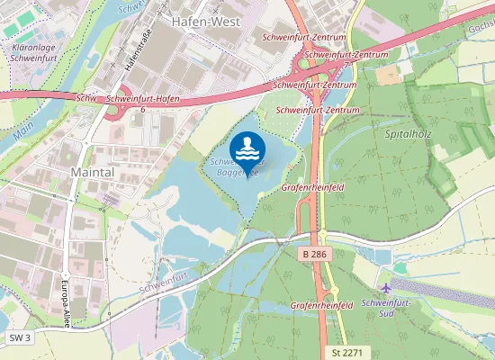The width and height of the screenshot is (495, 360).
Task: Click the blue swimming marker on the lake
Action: pyautogui.click(x=247, y=148)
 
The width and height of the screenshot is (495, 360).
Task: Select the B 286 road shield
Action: pyautogui.click(x=313, y=255)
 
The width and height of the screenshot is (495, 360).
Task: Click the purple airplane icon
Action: pyautogui.click(x=386, y=288)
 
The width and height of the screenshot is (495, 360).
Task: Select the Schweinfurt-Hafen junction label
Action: pyautogui.click(x=142, y=98)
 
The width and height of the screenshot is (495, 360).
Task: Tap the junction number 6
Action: pyautogui.click(x=142, y=108)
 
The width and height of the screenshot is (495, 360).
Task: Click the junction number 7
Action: pyautogui.click(x=346, y=65)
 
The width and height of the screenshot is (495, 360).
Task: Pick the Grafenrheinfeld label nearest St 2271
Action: pyautogui.click(x=321, y=306)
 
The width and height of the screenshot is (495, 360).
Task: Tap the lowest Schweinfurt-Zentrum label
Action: pyautogui.click(x=318, y=109)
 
